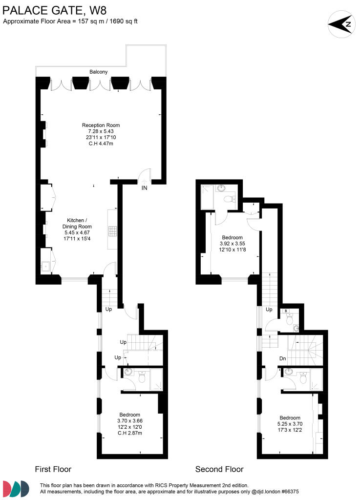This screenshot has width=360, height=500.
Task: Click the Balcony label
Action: [x=98, y=72]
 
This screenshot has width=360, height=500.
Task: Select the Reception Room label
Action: [x=100, y=125]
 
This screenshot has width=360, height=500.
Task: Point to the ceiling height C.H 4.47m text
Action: [x=100, y=143]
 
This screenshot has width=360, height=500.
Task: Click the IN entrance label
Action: [x=145, y=187]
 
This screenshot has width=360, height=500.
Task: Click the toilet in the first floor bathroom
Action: [x=142, y=377]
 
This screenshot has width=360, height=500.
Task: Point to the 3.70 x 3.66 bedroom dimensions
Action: [x=129, y=420]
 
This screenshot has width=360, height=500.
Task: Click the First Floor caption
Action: [x=53, y=469]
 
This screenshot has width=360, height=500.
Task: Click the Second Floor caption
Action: [x=219, y=469]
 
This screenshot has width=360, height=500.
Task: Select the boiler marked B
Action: [x=286, y=311]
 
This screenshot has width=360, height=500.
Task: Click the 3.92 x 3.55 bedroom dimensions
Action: [x=232, y=243]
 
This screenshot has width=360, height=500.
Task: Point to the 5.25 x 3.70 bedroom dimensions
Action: [x=290, y=424]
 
